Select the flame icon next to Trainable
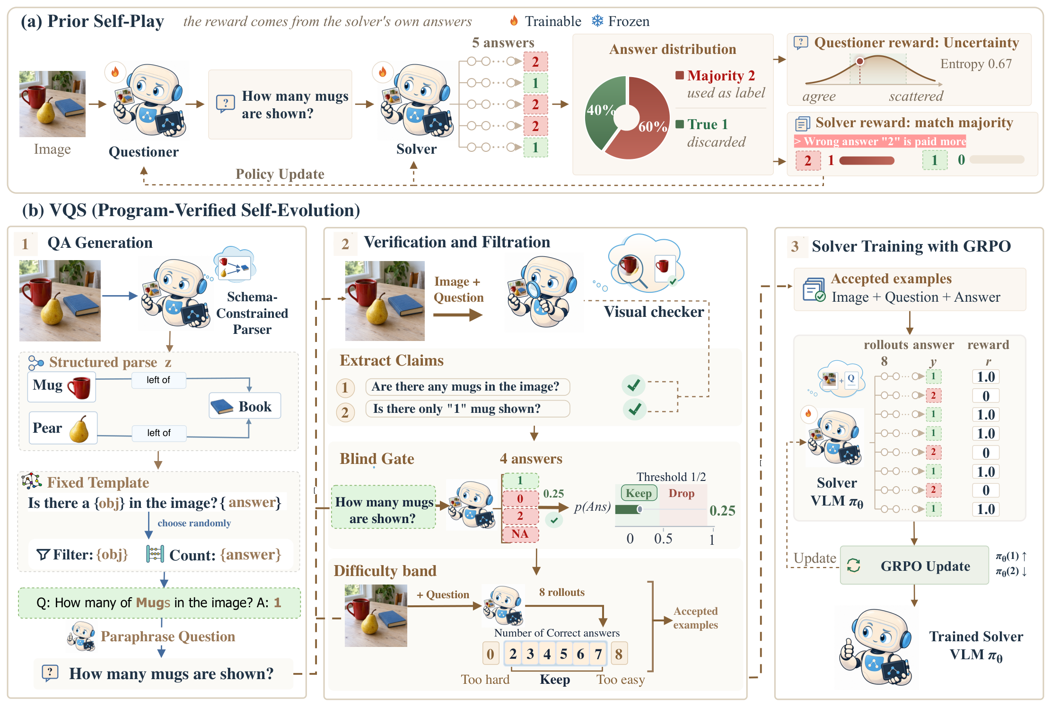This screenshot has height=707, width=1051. point(514,20)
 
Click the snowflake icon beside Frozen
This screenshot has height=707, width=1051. point(598,21)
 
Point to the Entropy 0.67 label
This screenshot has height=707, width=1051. point(976,64)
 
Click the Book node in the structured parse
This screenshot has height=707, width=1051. point(245,406)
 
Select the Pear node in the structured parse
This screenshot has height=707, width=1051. point(63,428)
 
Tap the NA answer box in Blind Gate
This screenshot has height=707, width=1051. point(520,534)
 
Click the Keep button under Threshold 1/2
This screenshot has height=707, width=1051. point(639,493)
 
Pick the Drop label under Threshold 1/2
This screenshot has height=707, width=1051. point(681,493)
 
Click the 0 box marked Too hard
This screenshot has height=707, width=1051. point(490,654)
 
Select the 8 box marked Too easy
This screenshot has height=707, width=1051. point(619,654)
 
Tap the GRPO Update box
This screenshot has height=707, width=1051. point(914,566)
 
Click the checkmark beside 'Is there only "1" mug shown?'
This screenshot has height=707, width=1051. point(634,409)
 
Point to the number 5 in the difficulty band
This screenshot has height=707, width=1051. point(563,654)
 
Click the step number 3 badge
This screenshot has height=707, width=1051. point(795,246)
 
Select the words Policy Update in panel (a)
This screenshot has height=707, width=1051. point(280,174)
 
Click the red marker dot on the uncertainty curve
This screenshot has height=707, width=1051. point(860,61)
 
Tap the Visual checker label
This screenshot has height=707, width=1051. point(654,312)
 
